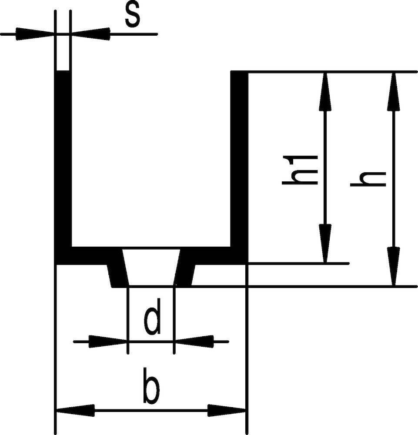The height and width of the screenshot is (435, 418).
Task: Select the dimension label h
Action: [368, 178]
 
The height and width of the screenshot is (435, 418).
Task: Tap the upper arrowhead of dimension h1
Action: [325, 91]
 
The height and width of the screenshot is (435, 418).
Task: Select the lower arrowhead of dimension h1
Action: [325, 244]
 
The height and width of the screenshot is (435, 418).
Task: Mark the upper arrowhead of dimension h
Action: [394, 91]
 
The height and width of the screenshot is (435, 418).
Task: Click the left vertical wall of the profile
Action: [64, 161]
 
